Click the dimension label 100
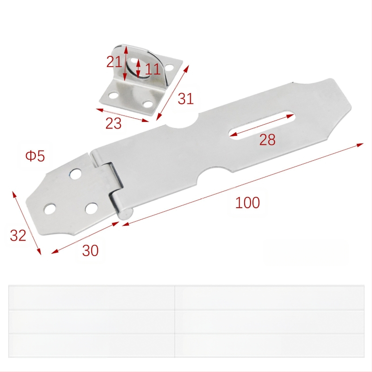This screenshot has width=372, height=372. coord(247,203)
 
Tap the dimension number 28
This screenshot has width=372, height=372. coord(267,139)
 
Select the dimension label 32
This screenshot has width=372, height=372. coord(18,236)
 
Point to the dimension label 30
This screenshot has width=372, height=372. coord(90,250)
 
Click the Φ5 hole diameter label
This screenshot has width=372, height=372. coord(35,156)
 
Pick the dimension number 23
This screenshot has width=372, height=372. coord(113,123)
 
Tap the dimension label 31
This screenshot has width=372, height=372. coord(186,99)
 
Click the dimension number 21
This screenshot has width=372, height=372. coord(114,62)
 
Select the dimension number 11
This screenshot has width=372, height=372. coord(153,69)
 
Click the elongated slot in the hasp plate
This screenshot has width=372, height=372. coord(262,125)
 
